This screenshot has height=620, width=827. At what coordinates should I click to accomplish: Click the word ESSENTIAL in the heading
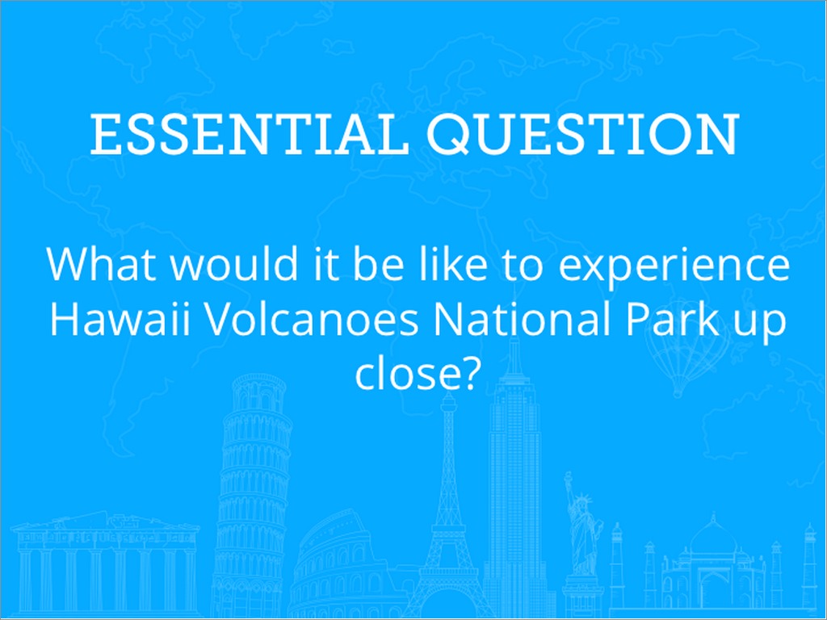(250, 134)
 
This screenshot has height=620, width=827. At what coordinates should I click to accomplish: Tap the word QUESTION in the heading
(583, 134)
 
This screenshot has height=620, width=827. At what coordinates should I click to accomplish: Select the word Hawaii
(120, 320)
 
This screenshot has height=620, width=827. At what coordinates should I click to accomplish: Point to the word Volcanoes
(312, 320)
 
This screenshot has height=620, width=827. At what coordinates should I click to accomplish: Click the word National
(523, 320)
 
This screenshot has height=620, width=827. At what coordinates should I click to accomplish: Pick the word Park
(672, 320)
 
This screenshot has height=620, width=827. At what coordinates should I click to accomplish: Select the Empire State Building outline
(514, 475)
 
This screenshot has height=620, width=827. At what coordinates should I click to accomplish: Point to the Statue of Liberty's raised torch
(568, 477)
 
